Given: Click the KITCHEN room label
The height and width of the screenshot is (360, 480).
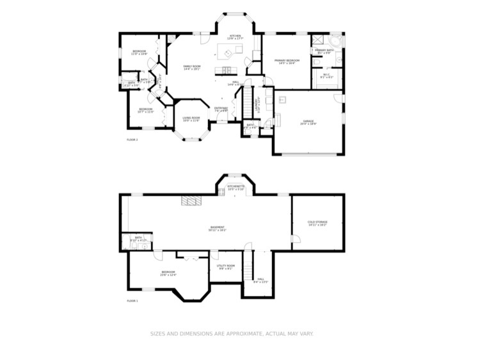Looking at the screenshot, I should click(235, 36).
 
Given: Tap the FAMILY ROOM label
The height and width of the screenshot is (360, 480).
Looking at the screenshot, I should click(192, 67).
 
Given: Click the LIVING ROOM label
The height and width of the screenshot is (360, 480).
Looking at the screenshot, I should click(191, 118).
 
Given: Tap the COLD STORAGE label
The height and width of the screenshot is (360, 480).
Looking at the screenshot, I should click(317, 222).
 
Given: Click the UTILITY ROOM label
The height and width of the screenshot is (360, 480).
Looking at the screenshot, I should click(225, 265).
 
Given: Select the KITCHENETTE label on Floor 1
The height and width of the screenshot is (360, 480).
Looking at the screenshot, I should click(236, 186).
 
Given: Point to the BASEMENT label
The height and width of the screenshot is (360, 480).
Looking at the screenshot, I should click(218, 227).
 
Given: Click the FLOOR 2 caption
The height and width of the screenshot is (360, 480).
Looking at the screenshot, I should click(132, 139).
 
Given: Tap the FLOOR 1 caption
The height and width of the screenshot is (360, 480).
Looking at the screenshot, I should click(132, 300).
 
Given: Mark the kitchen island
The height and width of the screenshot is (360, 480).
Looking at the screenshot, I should click(225, 51).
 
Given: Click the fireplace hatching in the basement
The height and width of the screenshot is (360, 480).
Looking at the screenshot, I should click(191, 201).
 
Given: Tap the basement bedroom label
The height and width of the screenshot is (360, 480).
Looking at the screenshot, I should click(168, 272).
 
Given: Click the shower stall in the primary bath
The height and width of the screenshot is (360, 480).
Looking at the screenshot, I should click(317, 40).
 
